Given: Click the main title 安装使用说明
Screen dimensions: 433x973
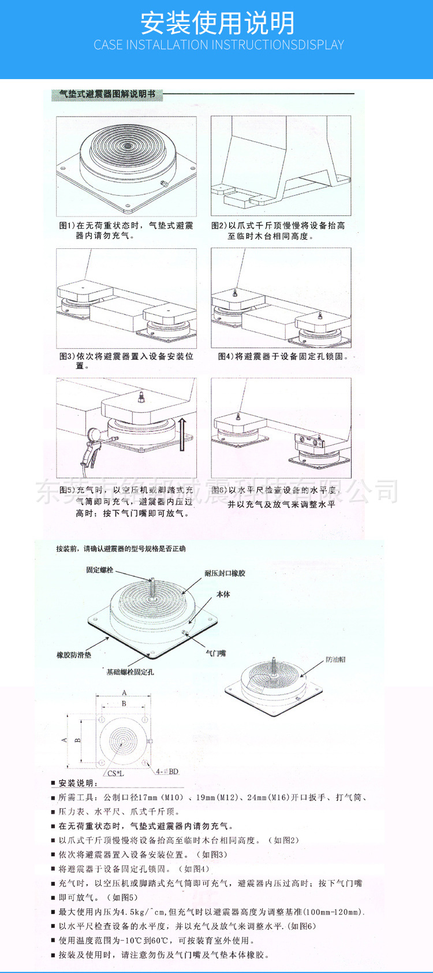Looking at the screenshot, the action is click(218, 23).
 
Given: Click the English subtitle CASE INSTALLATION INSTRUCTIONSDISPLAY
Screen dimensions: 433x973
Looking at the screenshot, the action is click(219, 45).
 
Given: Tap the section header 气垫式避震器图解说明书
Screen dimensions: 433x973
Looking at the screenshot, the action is click(107, 94).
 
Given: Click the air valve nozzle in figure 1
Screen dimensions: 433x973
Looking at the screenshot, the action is click(164, 184).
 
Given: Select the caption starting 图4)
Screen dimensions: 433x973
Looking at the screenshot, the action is click(283, 356).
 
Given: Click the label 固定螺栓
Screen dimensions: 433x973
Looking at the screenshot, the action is click(100, 570).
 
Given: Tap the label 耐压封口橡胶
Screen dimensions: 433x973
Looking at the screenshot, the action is click(225, 573).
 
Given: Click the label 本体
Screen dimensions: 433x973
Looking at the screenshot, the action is click(223, 594).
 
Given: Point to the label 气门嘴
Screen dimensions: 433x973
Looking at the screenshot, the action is click(216, 653).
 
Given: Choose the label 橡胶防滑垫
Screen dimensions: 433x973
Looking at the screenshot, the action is click(74, 655).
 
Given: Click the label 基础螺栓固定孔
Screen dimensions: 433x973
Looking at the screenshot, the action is click(130, 672).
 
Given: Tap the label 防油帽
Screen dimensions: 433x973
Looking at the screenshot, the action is click(335, 659).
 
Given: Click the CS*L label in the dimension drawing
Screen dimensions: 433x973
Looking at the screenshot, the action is click(115, 773).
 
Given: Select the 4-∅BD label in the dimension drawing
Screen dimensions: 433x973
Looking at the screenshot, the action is click(167, 771).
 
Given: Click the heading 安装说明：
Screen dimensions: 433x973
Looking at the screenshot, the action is click(79, 783).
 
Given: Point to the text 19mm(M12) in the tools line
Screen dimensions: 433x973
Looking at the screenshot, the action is click(217, 797).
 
